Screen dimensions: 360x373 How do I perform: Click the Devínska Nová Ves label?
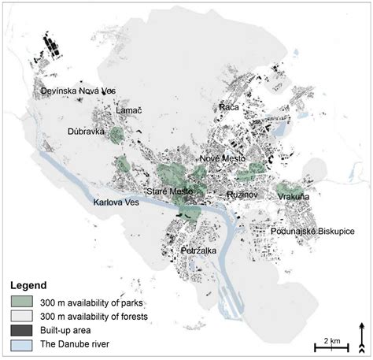click(x=79, y=92)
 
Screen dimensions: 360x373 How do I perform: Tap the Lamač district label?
click(x=128, y=112)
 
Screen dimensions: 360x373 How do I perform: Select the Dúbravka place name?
click(x=86, y=132)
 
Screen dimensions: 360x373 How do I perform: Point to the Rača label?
click(x=229, y=106)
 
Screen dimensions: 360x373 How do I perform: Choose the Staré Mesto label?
click(x=170, y=191)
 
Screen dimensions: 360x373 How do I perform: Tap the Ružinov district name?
click(x=244, y=192)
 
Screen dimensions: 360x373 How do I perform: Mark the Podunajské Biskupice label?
click(x=312, y=232)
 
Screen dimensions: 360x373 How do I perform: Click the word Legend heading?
click(x=28, y=285)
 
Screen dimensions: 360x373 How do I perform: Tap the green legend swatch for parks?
click(x=24, y=301)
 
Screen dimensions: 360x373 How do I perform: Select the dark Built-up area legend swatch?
click(x=24, y=331)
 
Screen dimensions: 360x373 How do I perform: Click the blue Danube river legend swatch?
click(x=24, y=346)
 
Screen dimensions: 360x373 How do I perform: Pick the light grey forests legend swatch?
click(x=24, y=316)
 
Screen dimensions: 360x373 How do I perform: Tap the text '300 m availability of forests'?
click(x=100, y=316)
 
